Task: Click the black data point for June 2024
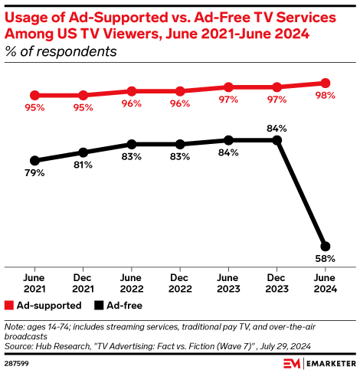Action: [x=326, y=246]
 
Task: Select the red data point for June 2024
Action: [x=326, y=83]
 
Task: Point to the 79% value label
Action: [x=34, y=174]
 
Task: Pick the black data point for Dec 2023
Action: [x=277, y=140]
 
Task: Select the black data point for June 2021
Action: [x=34, y=160]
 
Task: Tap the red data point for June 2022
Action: [x=132, y=91]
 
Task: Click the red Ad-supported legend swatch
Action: [x=9, y=304]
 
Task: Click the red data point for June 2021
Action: [x=34, y=95]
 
